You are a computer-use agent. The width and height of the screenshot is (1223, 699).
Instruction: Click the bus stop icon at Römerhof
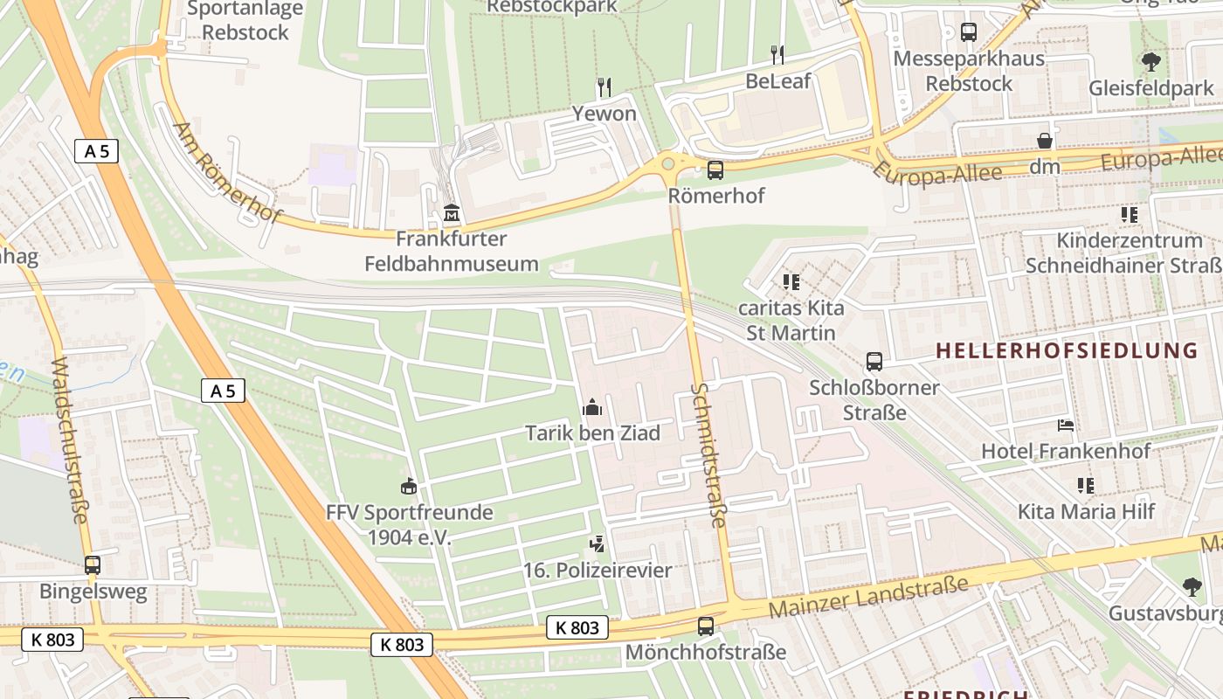(715, 170)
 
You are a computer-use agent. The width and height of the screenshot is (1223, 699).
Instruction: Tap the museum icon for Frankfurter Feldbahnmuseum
(451, 212)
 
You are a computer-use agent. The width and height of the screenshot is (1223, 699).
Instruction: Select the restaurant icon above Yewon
(604, 87)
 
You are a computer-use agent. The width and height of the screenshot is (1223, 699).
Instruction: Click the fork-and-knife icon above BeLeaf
(777, 55)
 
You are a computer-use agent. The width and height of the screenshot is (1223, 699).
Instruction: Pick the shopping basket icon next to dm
(1044, 141)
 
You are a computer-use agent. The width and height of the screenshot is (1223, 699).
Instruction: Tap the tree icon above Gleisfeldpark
(1150, 62)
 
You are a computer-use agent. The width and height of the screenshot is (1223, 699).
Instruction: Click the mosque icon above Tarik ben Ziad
(592, 407)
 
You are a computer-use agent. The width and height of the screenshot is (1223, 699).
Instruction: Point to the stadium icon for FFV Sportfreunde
(408, 486)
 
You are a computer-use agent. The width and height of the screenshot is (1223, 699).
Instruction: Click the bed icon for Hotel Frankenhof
(1066, 426)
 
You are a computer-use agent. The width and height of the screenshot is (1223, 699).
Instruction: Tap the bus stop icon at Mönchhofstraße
(705, 626)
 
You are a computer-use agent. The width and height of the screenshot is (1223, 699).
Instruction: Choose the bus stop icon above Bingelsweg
(93, 565)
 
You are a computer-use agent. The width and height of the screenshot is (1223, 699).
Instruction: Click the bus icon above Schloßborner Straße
(874, 361)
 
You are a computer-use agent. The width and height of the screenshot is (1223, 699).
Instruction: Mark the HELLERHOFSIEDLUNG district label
(1067, 351)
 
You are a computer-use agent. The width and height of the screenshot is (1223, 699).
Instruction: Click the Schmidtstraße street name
(708, 454)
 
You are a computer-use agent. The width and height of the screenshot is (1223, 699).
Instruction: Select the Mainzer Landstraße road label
(868, 597)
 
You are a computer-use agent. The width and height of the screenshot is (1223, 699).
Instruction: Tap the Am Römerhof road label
(227, 172)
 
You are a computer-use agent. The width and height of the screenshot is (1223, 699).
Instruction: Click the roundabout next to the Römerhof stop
(669, 162)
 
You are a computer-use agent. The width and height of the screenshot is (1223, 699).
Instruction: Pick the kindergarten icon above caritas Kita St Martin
(791, 282)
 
